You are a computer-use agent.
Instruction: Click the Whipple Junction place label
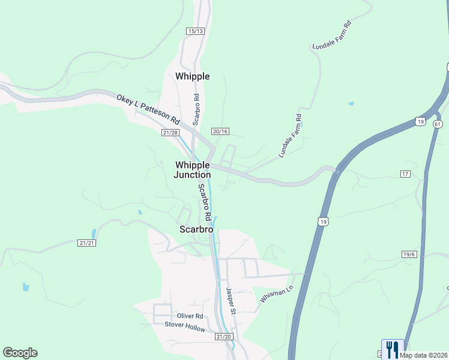pyautogui.click(x=192, y=170)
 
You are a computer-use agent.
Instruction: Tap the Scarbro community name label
pyautogui.click(x=196, y=229)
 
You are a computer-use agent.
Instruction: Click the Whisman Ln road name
pyautogui.click(x=276, y=293)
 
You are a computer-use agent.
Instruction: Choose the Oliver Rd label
pyautogui.click(x=190, y=316)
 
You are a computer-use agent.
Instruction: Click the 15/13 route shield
pyautogui.click(x=196, y=31)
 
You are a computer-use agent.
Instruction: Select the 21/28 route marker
pyautogui.click(x=170, y=133)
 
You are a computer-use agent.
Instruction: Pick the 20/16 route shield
pyautogui.click(x=220, y=131)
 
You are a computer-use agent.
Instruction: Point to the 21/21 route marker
pyautogui.click(x=87, y=243)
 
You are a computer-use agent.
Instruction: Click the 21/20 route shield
pyautogui.click(x=223, y=337)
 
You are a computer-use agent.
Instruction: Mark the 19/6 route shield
pyautogui.click(x=409, y=254)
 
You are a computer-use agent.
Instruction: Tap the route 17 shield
pyautogui.click(x=405, y=173)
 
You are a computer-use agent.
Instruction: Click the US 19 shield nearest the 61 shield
pyautogui.click(x=420, y=122)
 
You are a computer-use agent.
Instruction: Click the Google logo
pyautogui.click(x=20, y=353)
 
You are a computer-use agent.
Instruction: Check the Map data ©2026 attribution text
pyautogui.click(x=423, y=355)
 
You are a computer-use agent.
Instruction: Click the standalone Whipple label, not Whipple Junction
pyautogui.click(x=192, y=76)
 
